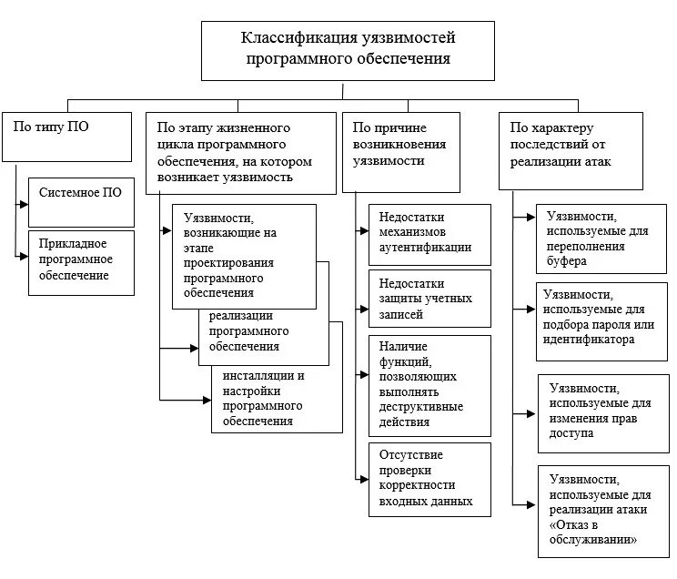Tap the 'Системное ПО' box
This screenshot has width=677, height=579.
point(81,201)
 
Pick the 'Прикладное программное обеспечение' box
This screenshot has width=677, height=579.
point(81,262)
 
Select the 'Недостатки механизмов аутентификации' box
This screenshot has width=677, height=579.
point(429,234)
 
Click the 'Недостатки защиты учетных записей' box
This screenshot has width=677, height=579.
point(429,298)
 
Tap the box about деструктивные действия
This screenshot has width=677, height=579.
point(429,383)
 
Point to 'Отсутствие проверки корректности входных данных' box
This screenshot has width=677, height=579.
point(429,479)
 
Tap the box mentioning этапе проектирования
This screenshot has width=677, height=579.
point(244,256)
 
